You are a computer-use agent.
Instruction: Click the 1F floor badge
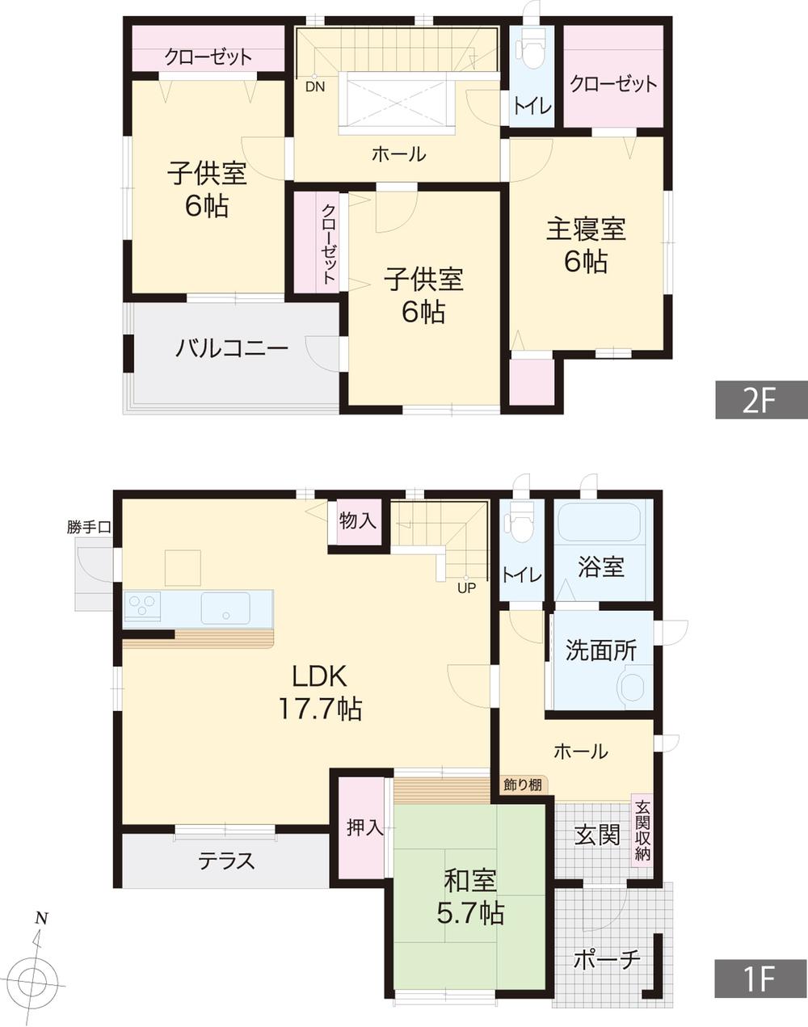760,979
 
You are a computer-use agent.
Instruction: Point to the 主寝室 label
587,245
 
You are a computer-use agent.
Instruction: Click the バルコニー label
232,350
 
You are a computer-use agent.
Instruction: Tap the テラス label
227,861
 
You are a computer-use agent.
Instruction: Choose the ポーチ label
607,960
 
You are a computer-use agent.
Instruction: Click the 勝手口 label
90,528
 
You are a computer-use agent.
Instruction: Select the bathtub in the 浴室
599,524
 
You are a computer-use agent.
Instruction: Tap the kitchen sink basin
225,607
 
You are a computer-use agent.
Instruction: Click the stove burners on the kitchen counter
142,607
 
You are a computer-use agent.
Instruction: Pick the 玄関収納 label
642,831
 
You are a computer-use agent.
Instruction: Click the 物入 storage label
357,521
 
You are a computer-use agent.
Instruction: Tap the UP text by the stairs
466,588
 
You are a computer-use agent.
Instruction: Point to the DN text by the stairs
314,86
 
